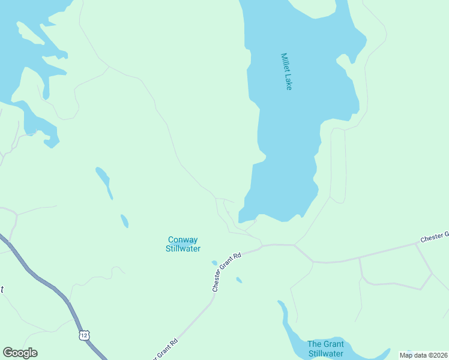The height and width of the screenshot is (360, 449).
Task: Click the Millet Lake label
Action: (286, 71)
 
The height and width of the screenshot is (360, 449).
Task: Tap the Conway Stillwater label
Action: (183, 244)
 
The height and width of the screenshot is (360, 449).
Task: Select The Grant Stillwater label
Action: (325, 349)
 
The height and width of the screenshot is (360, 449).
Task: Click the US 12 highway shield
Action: (83, 335)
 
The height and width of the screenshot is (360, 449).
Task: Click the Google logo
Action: (20, 353)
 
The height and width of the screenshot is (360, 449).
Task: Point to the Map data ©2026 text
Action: (424, 355)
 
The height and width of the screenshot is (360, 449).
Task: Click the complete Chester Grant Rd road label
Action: (226, 272)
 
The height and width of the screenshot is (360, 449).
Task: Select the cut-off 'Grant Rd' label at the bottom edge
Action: (166, 349)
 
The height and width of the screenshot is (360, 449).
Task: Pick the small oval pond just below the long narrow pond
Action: (124, 221)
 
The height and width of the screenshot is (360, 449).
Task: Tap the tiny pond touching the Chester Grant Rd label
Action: (214, 262)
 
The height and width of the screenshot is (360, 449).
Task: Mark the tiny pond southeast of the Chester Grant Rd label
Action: (239, 280)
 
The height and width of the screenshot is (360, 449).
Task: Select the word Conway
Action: (183, 240)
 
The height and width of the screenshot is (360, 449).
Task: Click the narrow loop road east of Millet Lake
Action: (338, 165)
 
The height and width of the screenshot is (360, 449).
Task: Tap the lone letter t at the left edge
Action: (2, 289)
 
